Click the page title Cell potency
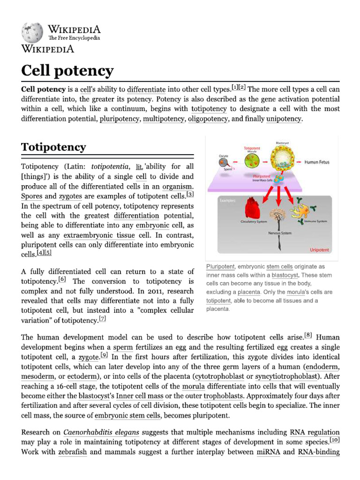67,71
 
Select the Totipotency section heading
53,147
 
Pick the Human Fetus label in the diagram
317,162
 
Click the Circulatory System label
254,221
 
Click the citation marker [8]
308,335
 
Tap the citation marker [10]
335,440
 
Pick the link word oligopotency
208,119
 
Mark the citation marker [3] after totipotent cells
190,194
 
